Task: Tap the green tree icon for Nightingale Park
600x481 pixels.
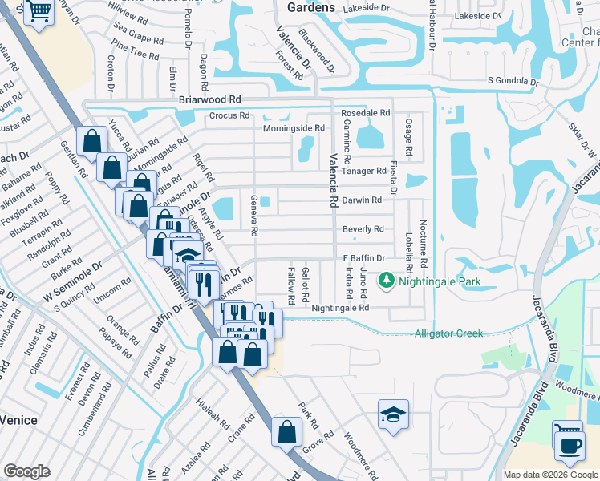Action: [x=387, y=281]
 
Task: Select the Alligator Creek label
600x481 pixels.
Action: [x=448, y=333]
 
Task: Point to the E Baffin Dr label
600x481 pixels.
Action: [x=364, y=258]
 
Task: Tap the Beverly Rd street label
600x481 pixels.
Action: [x=363, y=229]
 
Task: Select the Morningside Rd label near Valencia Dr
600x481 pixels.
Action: [x=294, y=128]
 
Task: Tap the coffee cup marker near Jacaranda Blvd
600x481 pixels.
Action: [x=569, y=447]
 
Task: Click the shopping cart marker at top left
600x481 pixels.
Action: [x=37, y=11]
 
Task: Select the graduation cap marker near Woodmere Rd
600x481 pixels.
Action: [x=392, y=415]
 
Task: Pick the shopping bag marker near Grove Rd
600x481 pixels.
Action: [x=286, y=433]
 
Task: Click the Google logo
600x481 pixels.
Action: [x=26, y=471]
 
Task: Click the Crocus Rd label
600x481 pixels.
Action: [x=229, y=115]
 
